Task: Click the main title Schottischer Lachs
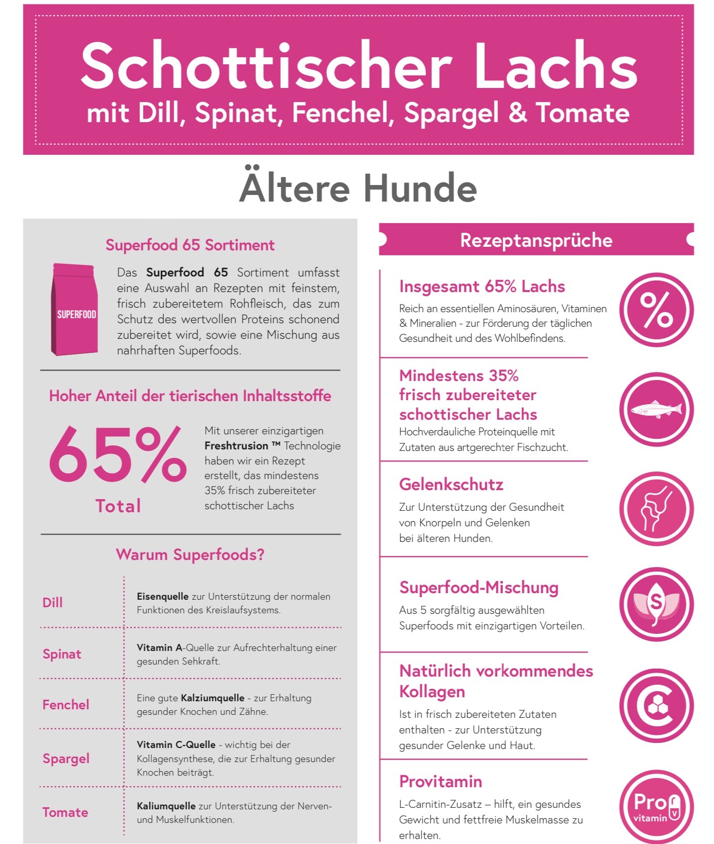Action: click(359, 66)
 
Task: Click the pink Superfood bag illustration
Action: click(74, 310)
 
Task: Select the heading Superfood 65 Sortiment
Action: click(190, 245)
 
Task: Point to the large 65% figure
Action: click(118, 455)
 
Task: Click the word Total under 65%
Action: click(118, 506)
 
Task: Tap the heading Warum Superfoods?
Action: click(190, 554)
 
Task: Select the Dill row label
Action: click(53, 602)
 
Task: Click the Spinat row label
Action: click(62, 654)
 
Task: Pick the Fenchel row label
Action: click(66, 705)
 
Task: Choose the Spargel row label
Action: click(66, 759)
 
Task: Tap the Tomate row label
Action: click(65, 812)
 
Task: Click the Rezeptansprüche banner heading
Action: click(536, 240)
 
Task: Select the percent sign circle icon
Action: click(656, 310)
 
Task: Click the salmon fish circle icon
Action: click(656, 409)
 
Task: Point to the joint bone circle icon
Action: click(656, 508)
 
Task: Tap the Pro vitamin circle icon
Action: click(656, 806)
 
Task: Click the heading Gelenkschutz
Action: click(451, 484)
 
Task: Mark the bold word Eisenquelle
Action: click(162, 597)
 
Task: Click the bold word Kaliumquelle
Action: click(166, 806)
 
